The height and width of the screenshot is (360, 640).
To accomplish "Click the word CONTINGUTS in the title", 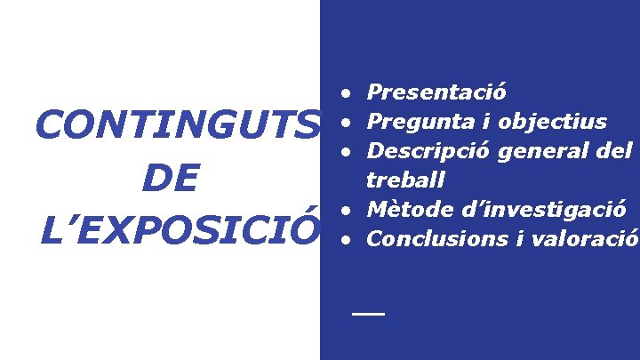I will (x=175, y=127).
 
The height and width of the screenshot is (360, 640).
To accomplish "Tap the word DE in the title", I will (x=169, y=179).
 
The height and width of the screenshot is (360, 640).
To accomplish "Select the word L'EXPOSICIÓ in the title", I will (x=179, y=230).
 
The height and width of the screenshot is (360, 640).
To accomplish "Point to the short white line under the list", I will (x=367, y=315).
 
